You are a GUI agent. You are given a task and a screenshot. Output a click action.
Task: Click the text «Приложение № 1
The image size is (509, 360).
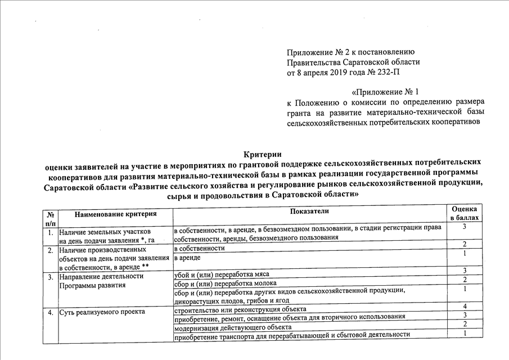[x=386, y=92]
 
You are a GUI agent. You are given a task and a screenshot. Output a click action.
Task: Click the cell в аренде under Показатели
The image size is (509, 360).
[x=187, y=257]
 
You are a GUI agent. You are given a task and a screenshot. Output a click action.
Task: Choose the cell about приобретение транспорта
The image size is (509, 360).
[x=292, y=335]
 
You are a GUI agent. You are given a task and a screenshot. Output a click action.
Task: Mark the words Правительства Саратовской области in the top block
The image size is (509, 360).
[x=353, y=62]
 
